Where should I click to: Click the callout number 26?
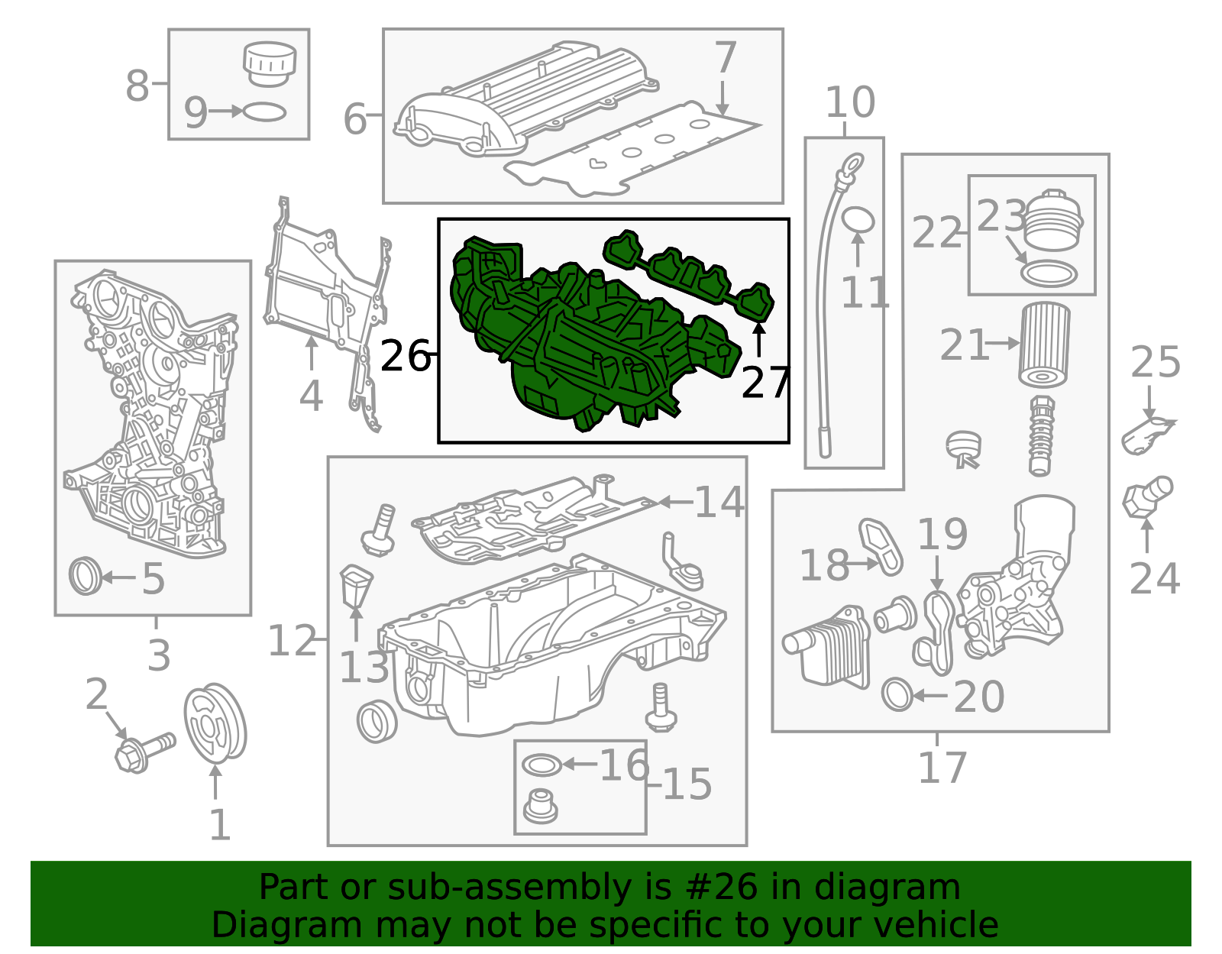click(406, 356)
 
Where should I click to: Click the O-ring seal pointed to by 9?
click(264, 112)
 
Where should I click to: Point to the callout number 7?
click(726, 57)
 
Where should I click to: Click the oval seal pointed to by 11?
click(858, 221)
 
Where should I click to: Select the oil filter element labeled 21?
click(1044, 344)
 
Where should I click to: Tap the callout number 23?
click(1001, 216)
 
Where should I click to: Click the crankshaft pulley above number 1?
click(215, 723)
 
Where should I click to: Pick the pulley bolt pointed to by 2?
click(144, 752)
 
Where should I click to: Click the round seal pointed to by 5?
click(86, 576)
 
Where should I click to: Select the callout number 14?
click(719, 502)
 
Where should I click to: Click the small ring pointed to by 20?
click(897, 695)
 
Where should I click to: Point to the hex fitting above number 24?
click(1148, 497)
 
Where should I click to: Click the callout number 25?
click(1155, 362)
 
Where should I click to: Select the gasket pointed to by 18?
click(881, 546)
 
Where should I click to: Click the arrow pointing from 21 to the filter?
click(1003, 343)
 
